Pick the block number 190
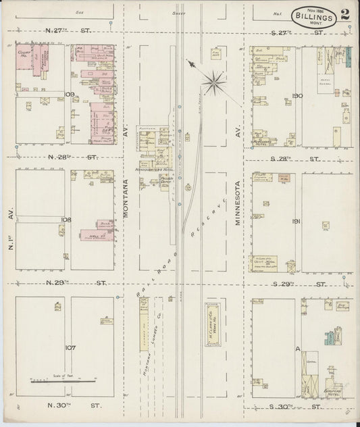[298, 96]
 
